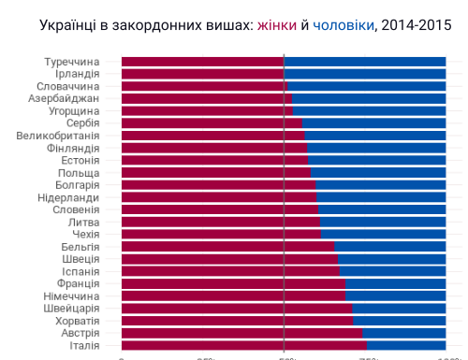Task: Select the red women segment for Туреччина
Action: (x=201, y=63)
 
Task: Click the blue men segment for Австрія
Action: (x=403, y=333)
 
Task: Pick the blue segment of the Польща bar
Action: (x=377, y=173)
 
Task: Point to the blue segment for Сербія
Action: (x=373, y=123)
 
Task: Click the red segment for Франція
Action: (x=233, y=283)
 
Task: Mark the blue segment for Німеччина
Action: (x=396, y=295)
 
